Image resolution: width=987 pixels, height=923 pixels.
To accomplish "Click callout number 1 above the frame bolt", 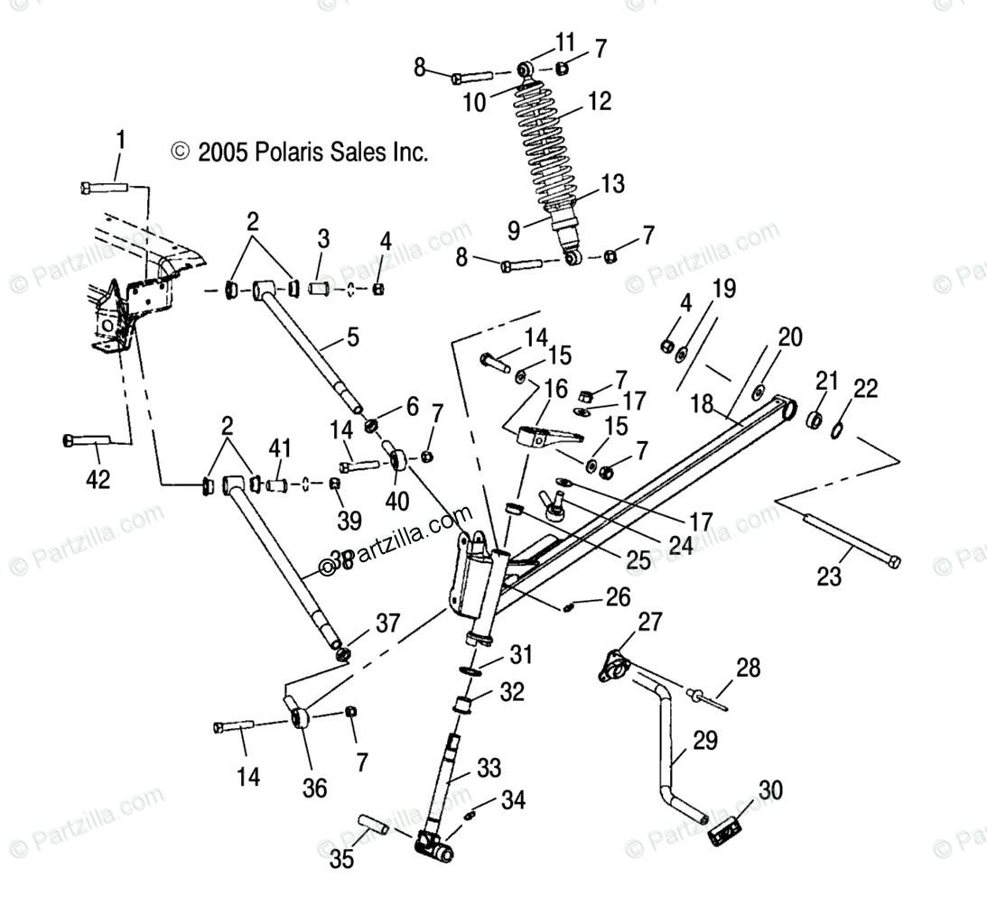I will coord(120,142).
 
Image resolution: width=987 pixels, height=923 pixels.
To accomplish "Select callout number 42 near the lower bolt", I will coord(97,479).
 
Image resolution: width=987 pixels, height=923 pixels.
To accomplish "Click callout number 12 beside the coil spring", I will coord(599,102).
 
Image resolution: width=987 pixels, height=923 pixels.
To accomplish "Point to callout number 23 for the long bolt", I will coord(830,577).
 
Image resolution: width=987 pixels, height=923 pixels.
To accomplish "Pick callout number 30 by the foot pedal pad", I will coord(770,791).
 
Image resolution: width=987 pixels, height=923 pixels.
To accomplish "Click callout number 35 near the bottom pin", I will coord(341,859).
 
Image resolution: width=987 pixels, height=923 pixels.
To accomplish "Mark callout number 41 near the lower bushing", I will coord(281,447).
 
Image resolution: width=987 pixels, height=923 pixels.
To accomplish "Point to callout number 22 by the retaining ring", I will coord(864,389).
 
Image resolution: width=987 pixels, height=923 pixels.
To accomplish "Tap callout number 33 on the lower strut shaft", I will coord(489,769).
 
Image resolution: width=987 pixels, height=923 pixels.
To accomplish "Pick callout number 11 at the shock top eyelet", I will coord(564,42).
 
